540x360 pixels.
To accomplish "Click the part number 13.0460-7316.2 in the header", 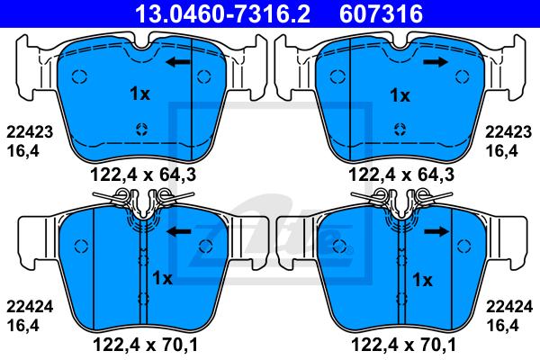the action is [222, 13].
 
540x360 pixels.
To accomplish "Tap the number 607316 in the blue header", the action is [381, 13].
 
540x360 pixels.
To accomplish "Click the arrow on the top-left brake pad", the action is [178, 62].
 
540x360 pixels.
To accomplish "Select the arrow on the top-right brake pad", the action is [436, 62].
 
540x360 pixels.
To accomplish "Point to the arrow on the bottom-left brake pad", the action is [179, 231].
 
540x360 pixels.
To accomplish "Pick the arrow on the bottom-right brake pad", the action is [436, 231].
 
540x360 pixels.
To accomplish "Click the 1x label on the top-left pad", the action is [139, 94].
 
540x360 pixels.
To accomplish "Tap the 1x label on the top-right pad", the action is [400, 95].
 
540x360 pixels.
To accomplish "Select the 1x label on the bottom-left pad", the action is [162, 278].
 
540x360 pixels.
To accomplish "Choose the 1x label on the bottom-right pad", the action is [422, 280].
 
